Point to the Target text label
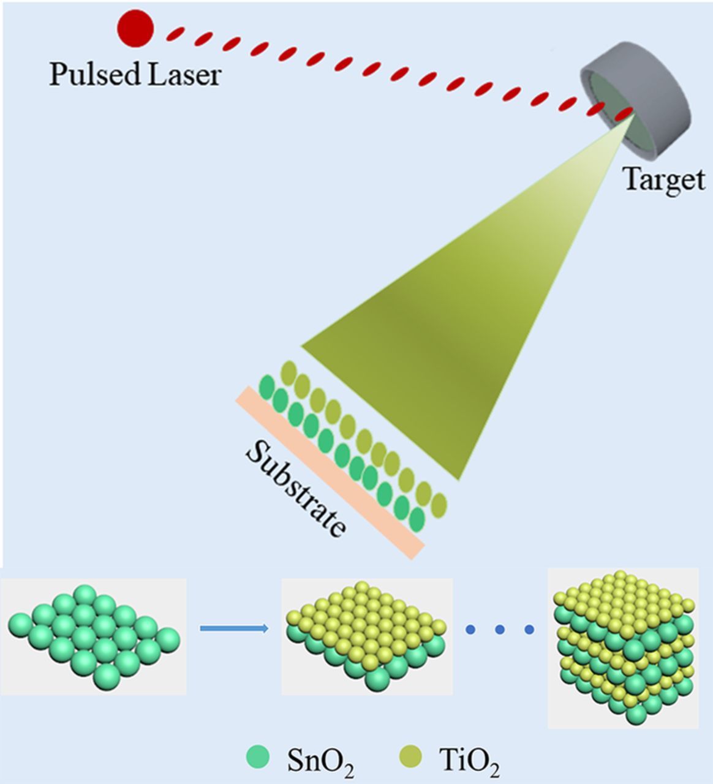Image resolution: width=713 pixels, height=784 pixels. click(663, 179)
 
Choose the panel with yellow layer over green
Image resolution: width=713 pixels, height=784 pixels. click(366, 636)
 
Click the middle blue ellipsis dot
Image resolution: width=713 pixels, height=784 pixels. click(499, 629)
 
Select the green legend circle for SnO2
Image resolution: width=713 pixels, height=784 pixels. click(257, 757)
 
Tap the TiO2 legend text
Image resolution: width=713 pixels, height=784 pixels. click(469, 761)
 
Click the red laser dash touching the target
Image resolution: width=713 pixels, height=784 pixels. click(624, 114)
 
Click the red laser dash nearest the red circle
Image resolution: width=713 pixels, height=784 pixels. click(176, 33)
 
